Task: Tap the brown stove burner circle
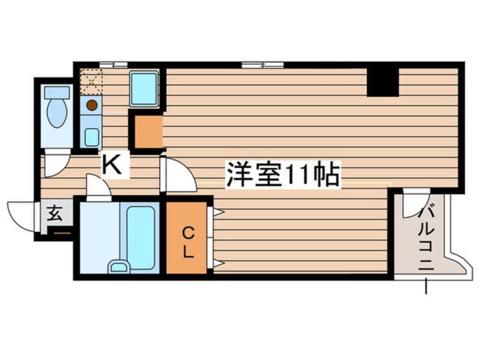coord(91,105)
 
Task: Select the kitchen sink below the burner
coord(91,137)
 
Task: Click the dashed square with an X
coord(90,82)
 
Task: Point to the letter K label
coord(112,165)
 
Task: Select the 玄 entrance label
coord(54,214)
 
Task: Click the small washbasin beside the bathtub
coord(119,266)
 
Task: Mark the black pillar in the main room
coord(382,82)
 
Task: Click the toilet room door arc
coord(56,164)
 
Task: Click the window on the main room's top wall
coord(262,64)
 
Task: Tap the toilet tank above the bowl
coord(57,91)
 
